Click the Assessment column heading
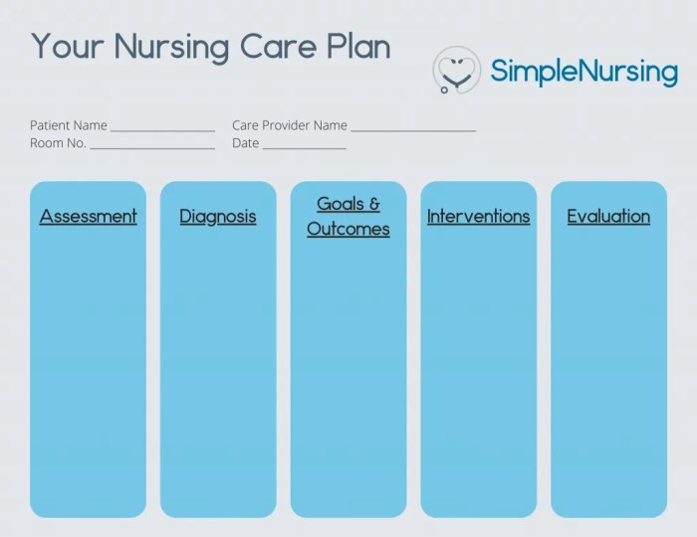coord(88,216)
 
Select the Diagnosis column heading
coord(218,216)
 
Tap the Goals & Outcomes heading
coord(348,216)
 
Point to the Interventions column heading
coord(478,216)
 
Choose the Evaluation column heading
coord(608,216)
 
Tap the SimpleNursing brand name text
coord(583,71)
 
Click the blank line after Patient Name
coord(162,129)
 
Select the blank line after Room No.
coord(152,147)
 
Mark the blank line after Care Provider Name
coord(413,129)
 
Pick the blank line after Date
coord(304,147)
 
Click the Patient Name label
coord(68,125)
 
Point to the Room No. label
coord(58,143)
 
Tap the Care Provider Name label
coord(289,125)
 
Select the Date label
coord(245,143)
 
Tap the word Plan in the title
coord(355,47)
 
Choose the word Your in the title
coord(67,47)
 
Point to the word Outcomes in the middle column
coord(348,229)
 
